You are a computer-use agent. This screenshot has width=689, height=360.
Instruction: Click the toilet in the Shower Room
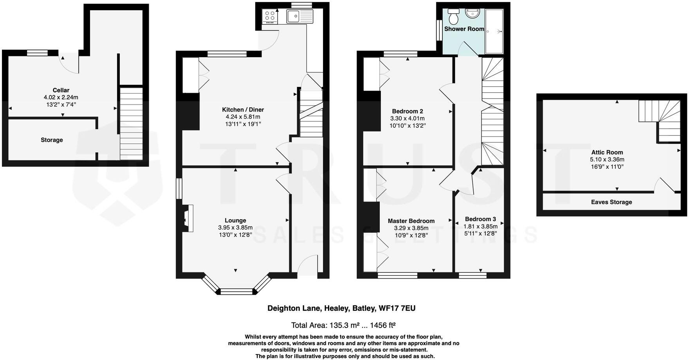pyautogui.click(x=454, y=16)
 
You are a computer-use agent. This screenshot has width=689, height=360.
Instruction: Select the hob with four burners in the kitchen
pyautogui.click(x=270, y=16)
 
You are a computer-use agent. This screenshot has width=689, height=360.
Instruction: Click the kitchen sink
pyautogui.click(x=299, y=16)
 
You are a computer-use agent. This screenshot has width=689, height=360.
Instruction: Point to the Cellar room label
pyautogui.click(x=61, y=90)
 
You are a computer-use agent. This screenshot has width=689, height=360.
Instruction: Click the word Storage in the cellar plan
pyautogui.click(x=52, y=140)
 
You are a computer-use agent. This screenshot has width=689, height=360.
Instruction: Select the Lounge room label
pyautogui.click(x=235, y=221)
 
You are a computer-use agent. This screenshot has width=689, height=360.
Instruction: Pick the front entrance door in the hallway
pyautogui.click(x=308, y=266)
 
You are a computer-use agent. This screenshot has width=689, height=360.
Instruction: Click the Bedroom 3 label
pyautogui.click(x=480, y=219)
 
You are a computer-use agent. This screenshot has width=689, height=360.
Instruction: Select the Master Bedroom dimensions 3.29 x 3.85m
pyautogui.click(x=411, y=228)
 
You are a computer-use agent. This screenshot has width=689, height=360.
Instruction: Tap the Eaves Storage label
pyautogui.click(x=611, y=202)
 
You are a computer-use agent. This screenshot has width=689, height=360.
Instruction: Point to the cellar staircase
pyautogui.click(x=131, y=123)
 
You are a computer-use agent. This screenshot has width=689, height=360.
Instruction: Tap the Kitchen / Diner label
pyautogui.click(x=243, y=110)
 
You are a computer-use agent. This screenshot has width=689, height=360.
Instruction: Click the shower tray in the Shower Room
pyautogui.click(x=494, y=31)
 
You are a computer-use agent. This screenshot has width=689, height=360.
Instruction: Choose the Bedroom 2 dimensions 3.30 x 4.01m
pyautogui.click(x=407, y=119)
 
